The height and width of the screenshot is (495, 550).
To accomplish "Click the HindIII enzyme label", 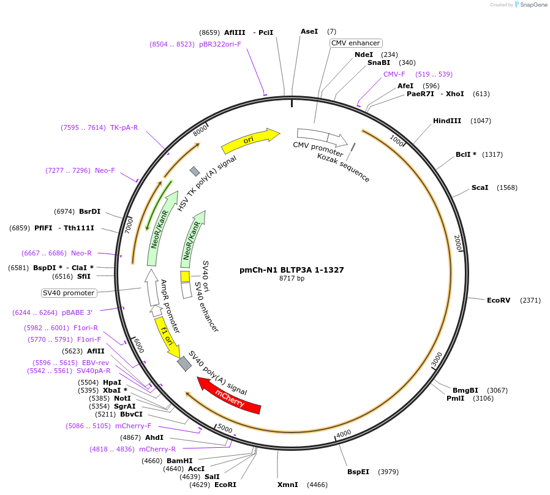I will click(446, 121).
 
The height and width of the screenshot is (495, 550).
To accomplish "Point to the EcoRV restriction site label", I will click(499, 300).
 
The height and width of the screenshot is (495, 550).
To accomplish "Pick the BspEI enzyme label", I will click(358, 472).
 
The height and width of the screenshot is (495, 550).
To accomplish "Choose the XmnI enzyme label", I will click(287, 485).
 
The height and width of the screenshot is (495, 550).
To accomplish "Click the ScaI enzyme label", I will click(480, 187).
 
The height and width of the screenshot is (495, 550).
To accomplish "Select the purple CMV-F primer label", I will click(394, 74).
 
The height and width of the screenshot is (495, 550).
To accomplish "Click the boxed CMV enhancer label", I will click(356, 43).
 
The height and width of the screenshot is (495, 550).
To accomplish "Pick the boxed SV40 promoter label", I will click(69, 293).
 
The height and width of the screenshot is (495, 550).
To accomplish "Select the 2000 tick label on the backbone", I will click(458, 243).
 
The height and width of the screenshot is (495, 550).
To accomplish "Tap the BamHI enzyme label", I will click(179, 461).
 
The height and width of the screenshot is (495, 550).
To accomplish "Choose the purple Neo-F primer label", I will click(105, 170).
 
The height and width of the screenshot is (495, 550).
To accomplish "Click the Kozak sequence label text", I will click(343, 167).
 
